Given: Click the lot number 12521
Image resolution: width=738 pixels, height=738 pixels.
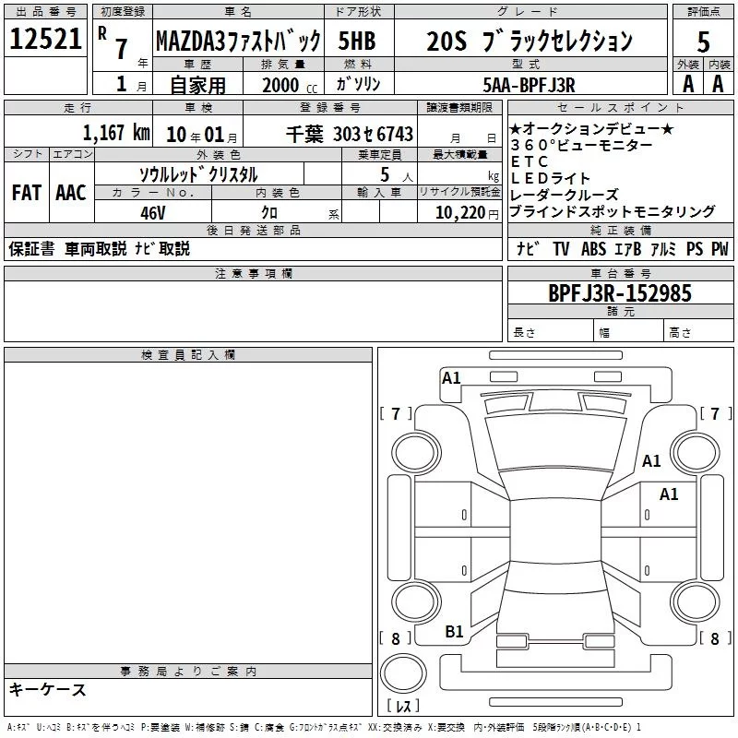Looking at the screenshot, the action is (x=45, y=39).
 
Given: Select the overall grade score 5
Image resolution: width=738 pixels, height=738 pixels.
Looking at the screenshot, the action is (x=703, y=42).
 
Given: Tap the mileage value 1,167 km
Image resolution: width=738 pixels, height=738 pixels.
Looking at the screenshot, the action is (x=116, y=133).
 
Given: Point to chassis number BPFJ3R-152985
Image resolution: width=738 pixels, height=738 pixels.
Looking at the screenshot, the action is (x=620, y=293).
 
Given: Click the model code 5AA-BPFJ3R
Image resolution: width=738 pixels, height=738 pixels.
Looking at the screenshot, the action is (x=529, y=85).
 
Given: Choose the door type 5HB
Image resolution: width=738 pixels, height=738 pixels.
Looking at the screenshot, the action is (x=357, y=41).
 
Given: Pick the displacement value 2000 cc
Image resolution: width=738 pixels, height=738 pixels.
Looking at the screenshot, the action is (x=290, y=85).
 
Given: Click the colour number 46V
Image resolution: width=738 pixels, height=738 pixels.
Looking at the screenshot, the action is (x=153, y=213).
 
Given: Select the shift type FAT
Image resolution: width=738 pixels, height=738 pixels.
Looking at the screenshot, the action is (x=27, y=193).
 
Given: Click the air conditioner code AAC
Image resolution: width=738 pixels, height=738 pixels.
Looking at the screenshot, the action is (x=71, y=193).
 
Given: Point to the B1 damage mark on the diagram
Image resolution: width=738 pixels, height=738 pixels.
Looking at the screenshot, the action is (x=454, y=632).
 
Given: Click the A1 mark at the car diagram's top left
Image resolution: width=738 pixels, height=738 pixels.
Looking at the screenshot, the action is (x=451, y=378).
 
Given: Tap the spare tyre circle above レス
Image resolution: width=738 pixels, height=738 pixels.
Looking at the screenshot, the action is (x=403, y=673).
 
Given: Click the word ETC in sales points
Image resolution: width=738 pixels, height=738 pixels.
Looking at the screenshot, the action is (x=530, y=161).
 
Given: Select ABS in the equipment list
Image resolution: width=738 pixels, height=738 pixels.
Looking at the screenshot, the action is (x=593, y=248).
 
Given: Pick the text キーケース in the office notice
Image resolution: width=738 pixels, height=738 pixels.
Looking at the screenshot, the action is (x=47, y=689).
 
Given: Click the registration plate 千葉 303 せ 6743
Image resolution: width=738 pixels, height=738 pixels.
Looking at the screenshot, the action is (x=350, y=134).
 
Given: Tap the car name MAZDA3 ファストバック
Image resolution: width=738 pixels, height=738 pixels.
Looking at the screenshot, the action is (x=238, y=42).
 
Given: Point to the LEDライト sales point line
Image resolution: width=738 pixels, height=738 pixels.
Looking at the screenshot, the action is (x=550, y=178).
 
